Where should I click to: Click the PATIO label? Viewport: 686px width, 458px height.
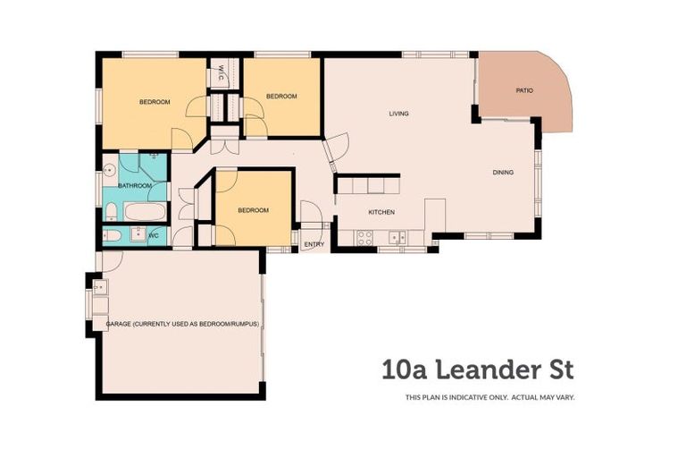pos(524,90)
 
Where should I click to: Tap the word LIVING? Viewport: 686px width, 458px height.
pos(398,114)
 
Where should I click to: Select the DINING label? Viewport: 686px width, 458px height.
pos(503,173)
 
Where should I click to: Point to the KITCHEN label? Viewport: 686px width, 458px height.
pos(381,212)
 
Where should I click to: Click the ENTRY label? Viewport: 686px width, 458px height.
pos(314,244)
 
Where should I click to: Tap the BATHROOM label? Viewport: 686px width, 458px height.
pos(135,186)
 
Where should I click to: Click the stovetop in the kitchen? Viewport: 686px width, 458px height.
pos(364,238)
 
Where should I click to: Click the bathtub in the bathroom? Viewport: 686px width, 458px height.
pos(145,213)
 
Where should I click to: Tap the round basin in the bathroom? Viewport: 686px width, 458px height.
pos(110,171)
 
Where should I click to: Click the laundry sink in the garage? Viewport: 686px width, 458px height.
pos(98,288)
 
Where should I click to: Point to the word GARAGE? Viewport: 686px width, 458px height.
pos(120,324)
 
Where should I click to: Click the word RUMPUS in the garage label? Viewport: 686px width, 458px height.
pos(243,324)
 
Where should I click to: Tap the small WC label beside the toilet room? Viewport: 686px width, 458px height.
pos(153,235)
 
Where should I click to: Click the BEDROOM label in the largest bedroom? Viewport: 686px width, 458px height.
pos(155,102)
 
